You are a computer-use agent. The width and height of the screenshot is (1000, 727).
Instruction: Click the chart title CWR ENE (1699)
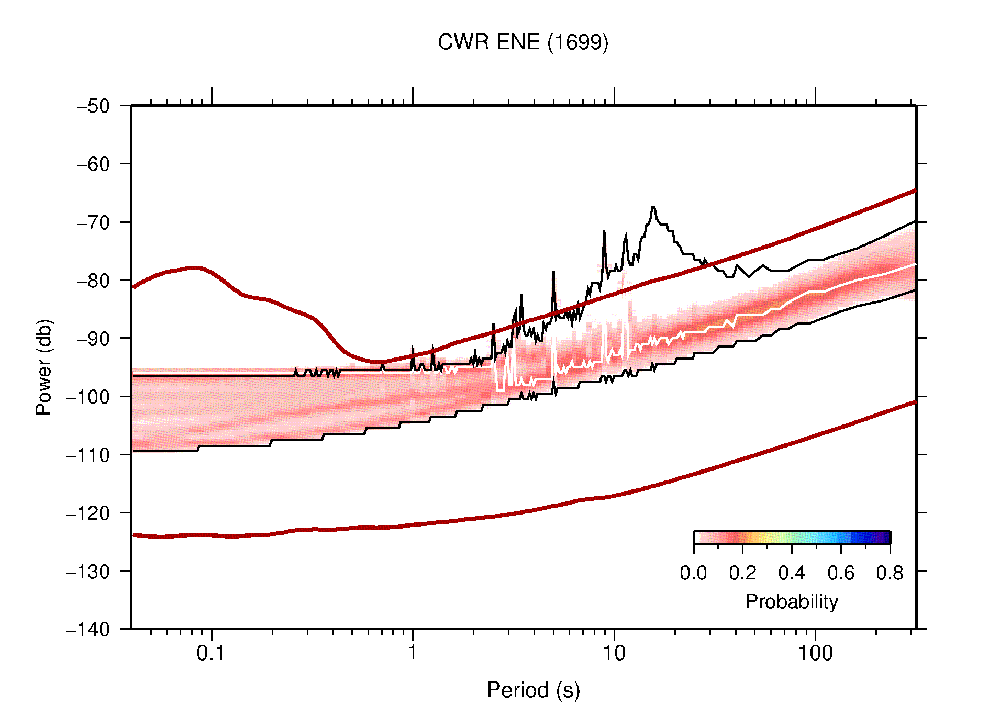523,42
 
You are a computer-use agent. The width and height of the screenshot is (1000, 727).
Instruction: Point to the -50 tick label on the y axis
93,106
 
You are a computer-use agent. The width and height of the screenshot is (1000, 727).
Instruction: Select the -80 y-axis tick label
93,281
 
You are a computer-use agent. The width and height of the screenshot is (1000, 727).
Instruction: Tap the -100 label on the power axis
88,397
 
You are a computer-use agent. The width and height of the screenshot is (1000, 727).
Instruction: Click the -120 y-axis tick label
88,513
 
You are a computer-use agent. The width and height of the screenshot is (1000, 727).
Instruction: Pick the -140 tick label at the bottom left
88,629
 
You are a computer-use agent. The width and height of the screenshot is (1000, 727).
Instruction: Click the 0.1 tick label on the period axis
211,653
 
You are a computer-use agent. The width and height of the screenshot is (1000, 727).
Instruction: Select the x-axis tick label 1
413,653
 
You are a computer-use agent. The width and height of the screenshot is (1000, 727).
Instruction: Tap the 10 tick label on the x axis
614,653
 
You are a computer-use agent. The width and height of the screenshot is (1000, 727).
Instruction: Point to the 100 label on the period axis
815,653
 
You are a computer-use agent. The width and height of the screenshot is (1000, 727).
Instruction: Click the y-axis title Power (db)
44,367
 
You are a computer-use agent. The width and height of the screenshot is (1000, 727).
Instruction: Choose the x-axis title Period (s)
533,690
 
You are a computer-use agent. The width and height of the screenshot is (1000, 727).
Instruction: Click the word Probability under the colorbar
791,602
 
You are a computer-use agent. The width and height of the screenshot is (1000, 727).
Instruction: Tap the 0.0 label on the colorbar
693,574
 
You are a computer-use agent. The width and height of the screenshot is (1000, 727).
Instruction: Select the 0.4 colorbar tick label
792,574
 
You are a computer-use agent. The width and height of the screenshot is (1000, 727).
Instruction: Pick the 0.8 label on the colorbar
890,574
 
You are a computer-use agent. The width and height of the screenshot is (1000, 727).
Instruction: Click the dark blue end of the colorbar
885,538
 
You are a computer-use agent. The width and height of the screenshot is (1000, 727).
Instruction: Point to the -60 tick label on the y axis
93,164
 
